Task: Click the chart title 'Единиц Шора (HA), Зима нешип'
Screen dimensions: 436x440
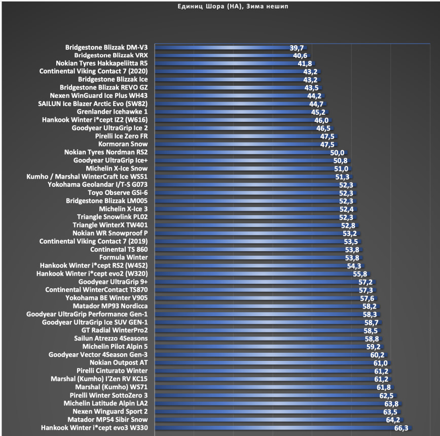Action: coord(220,6)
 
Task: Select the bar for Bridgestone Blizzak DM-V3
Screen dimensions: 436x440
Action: coord(223,47)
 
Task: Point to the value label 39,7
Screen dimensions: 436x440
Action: coord(297,47)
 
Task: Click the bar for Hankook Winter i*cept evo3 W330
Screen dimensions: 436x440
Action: coord(274,428)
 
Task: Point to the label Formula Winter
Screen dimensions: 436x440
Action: coord(123,257)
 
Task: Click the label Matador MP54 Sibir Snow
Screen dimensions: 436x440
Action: coord(107,420)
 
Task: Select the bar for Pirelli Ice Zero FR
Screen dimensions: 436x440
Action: coord(238,136)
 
